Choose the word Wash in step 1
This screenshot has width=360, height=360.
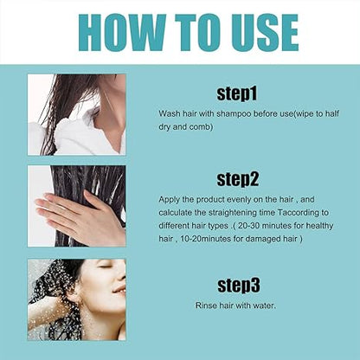(x=169, y=113)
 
